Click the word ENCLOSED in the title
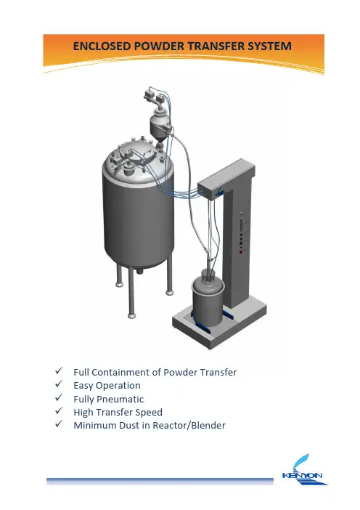coord(102,46)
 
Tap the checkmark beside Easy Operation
coord(59,384)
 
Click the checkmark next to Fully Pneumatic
coord(59,397)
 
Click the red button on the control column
coord(241,251)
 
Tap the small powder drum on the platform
coord(208,299)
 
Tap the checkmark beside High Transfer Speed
coord(59,410)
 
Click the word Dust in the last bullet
coord(129,426)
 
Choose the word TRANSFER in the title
coord(216,46)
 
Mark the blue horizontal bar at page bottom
coord(160,482)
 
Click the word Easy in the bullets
coord(83,386)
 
